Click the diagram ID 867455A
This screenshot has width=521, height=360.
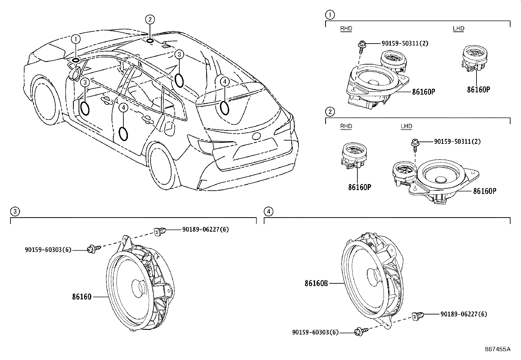pyautogui.click(x=498, y=349)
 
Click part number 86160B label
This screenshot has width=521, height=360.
pyautogui.click(x=316, y=283)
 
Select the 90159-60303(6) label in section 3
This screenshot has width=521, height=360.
pyautogui.click(x=48, y=250)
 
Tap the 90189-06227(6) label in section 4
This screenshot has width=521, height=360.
pyautogui.click(x=464, y=314)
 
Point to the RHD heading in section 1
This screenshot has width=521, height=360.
pyautogui.click(x=346, y=28)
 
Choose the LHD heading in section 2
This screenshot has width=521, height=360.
pyautogui.click(x=406, y=126)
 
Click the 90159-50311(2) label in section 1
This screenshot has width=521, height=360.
pyautogui.click(x=405, y=43)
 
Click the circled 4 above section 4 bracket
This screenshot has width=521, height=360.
pyautogui.click(x=268, y=211)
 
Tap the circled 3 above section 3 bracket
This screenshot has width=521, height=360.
pyautogui.click(x=15, y=211)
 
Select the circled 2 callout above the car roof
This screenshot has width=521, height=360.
pyautogui.click(x=150, y=19)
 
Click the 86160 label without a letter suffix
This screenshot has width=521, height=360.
pyautogui.click(x=81, y=297)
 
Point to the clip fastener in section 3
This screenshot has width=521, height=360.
pyautogui.click(x=160, y=232)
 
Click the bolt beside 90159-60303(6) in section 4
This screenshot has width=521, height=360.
pyautogui.click(x=361, y=332)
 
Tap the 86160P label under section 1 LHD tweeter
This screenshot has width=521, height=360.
pyautogui.click(x=478, y=90)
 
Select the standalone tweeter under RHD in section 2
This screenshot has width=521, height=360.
pyautogui.click(x=354, y=155)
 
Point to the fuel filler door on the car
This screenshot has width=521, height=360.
pyautogui.click(x=169, y=128)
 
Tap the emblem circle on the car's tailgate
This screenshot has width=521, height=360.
pyautogui.click(x=256, y=136)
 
